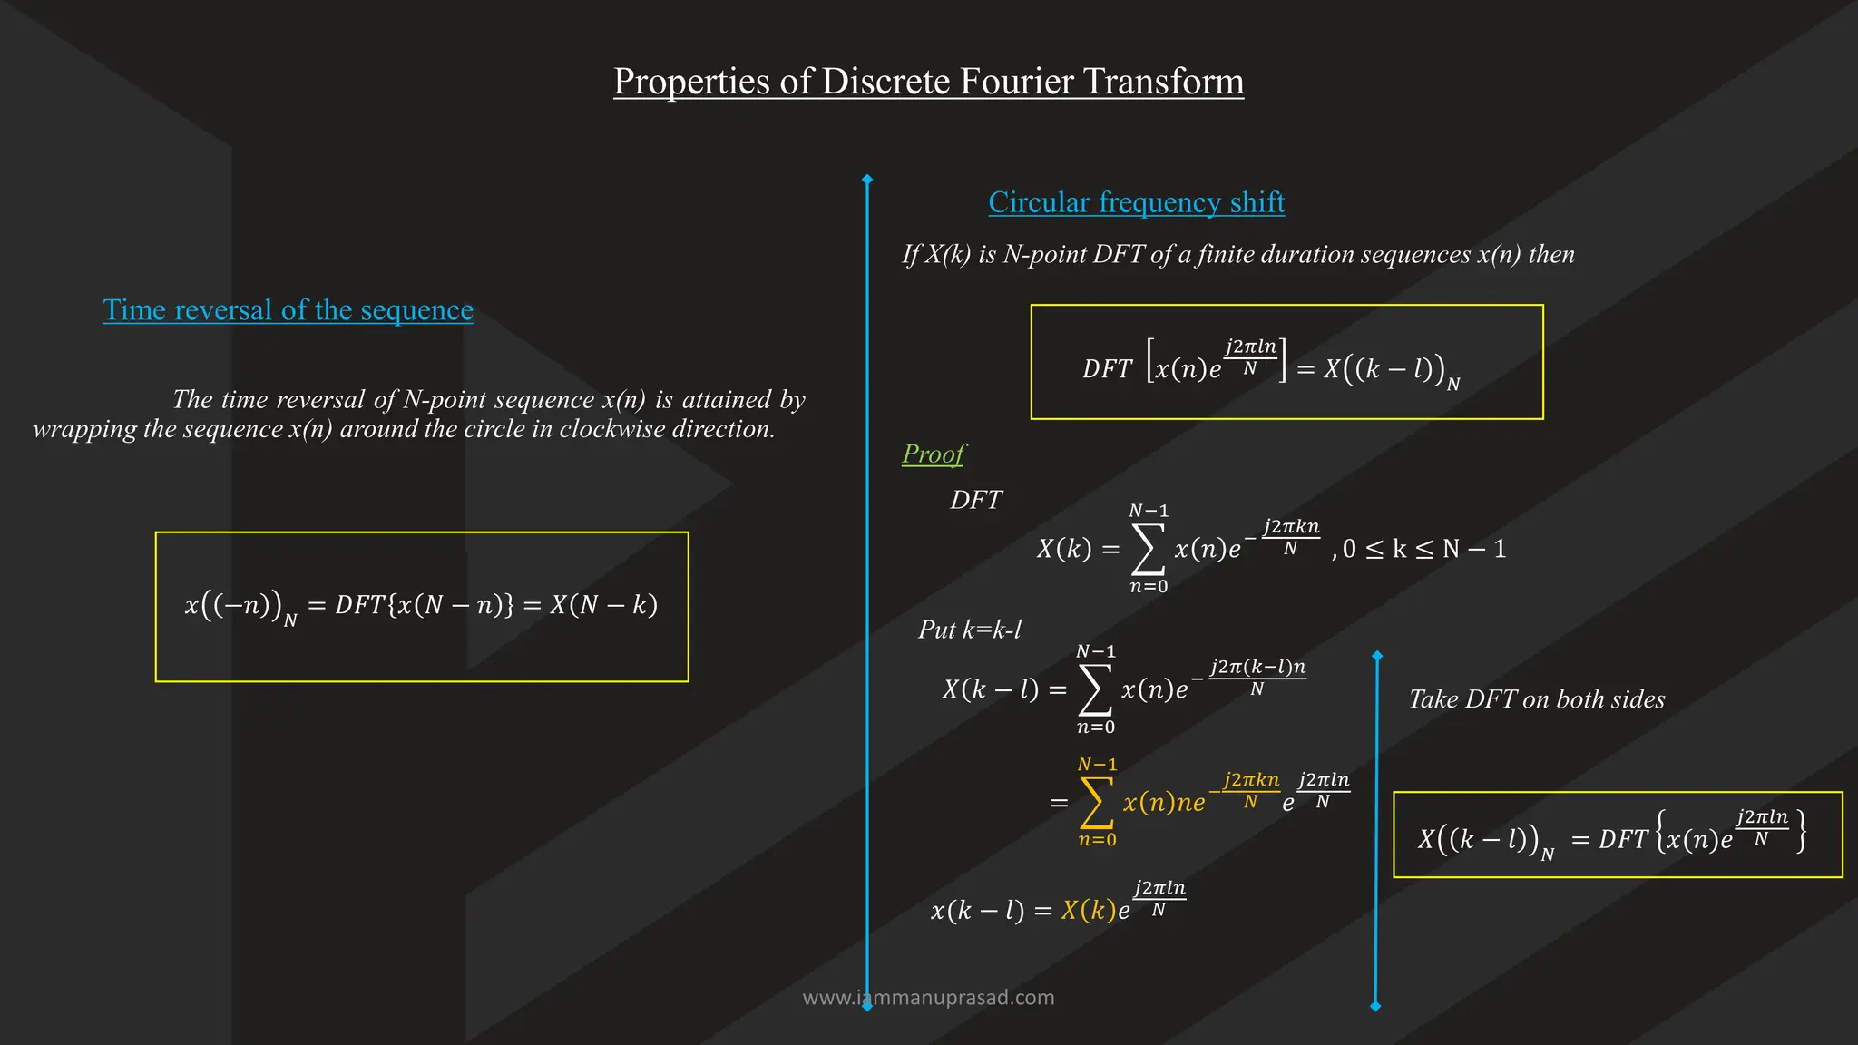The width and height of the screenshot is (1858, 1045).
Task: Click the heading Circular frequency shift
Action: click(x=1136, y=202)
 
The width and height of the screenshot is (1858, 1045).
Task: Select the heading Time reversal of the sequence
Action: click(x=288, y=310)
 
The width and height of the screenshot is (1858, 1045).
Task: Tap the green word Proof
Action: click(x=934, y=454)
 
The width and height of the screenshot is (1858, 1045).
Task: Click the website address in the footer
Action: click(x=928, y=998)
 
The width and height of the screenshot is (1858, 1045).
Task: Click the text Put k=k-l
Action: click(x=969, y=630)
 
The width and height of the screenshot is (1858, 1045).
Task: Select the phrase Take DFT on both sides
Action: click(x=1537, y=699)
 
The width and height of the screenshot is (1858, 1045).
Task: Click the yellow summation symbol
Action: click(x=1096, y=803)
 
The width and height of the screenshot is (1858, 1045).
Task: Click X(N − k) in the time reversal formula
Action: click(x=603, y=605)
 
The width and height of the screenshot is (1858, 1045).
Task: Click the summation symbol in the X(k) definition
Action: click(x=1148, y=550)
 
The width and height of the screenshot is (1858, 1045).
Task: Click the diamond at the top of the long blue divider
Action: click(x=867, y=180)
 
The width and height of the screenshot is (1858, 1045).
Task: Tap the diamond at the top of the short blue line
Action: click(x=1377, y=656)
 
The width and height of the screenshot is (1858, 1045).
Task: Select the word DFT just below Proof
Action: click(x=975, y=501)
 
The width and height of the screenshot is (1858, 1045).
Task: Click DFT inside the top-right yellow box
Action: click(x=1107, y=369)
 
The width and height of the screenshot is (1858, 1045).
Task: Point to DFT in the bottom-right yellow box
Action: click(x=1622, y=840)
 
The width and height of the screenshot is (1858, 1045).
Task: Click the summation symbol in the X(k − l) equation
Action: click(x=1095, y=690)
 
